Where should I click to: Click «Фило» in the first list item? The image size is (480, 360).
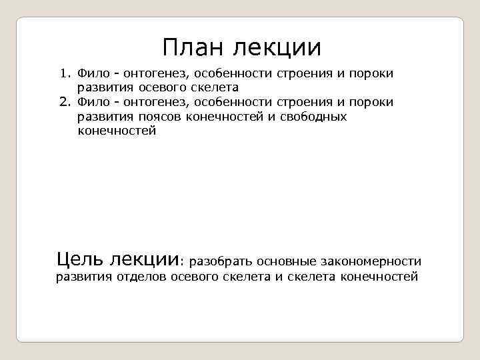(x=92, y=73)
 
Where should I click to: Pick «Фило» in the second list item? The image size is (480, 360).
(x=92, y=102)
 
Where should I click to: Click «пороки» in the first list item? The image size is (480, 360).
(x=371, y=73)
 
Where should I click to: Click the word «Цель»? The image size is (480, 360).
(x=79, y=259)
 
